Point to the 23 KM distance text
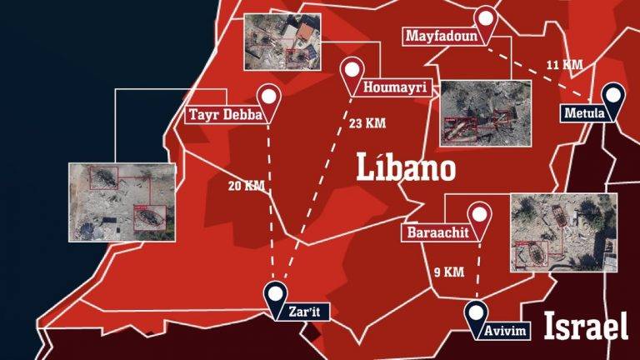[364, 123]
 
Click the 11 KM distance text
[564, 64]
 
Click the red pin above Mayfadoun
[486, 19]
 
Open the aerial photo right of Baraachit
[563, 232]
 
